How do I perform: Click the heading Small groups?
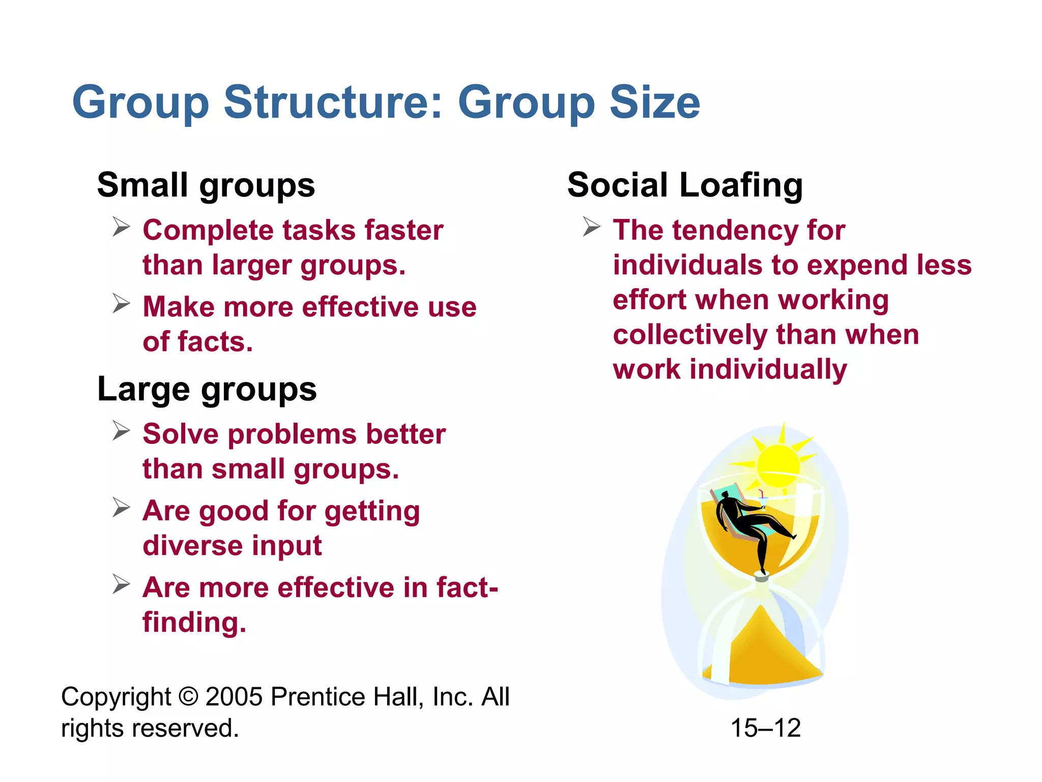click(x=206, y=185)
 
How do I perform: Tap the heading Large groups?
click(x=207, y=389)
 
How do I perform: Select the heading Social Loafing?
click(x=685, y=185)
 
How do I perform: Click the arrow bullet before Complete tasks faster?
click(x=122, y=227)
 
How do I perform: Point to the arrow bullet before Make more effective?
click(x=122, y=303)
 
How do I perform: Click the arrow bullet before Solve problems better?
click(x=122, y=431)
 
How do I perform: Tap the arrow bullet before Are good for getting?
click(x=122, y=508)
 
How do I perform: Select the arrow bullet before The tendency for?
click(x=592, y=227)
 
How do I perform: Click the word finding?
click(x=194, y=623)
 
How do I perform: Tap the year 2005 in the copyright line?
click(x=234, y=696)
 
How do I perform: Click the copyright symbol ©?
click(x=189, y=696)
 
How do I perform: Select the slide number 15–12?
click(x=765, y=728)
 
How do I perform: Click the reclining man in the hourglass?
click(x=748, y=524)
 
